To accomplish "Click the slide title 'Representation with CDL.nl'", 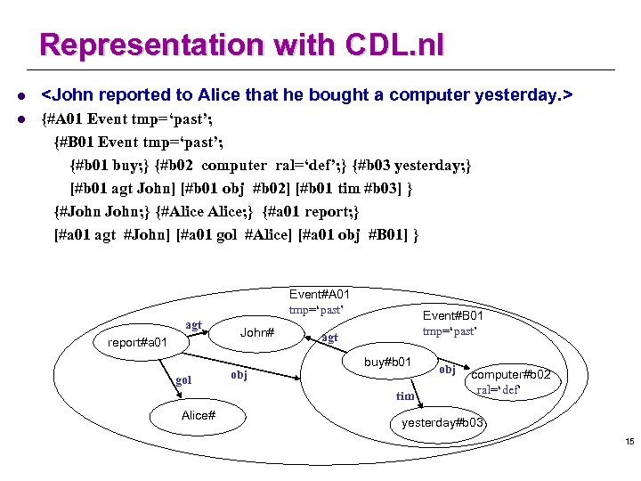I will pos(242,45).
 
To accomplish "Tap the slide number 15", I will pos(629,443).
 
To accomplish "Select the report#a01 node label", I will pos(137,342).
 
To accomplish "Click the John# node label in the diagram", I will pos(257,333).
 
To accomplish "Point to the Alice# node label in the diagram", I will pos(198,415).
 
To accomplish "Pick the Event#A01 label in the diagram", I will pos(320,295).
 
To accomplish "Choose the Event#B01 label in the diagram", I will pos(453,316).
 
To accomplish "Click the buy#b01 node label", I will pos(387,362).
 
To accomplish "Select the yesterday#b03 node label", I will pos(442,422).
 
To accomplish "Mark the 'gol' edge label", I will pos(183,381).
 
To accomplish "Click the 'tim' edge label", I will pos(405,396).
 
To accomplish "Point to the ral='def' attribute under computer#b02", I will pos(498,390).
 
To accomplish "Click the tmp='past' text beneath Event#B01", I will pos(450,332).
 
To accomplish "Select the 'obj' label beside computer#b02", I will pos(447,370).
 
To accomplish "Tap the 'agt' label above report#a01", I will pos(193,325).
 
